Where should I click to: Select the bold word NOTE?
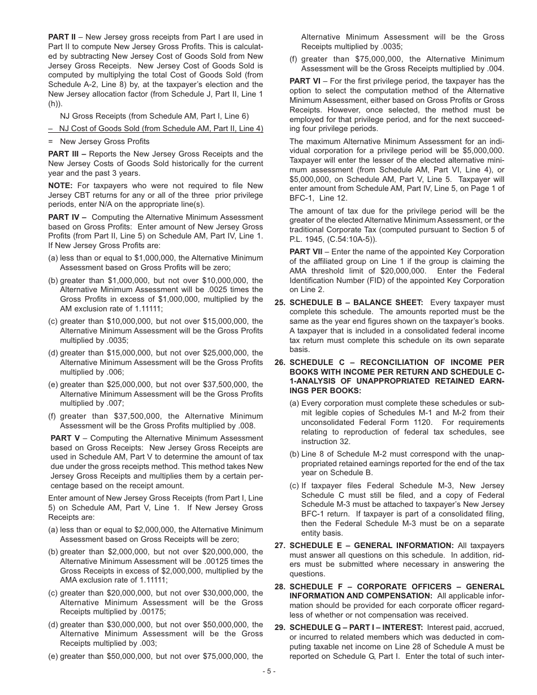click(x=60, y=185)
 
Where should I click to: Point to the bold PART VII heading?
click(x=306, y=251)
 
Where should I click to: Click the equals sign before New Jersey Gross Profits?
click(x=50, y=141)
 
